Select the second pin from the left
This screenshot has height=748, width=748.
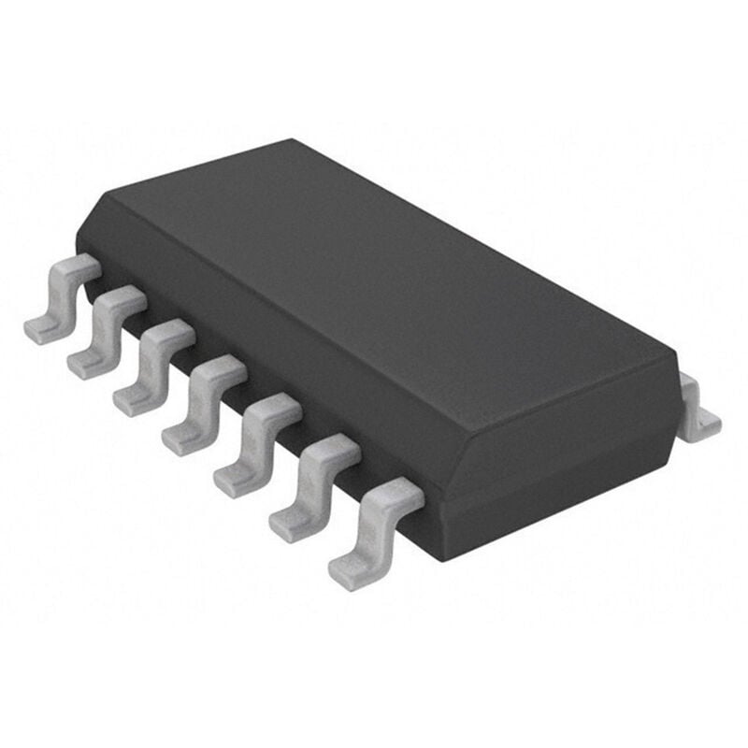point(106,332)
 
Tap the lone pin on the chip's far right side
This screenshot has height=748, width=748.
point(698,407)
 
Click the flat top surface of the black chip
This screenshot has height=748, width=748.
point(374,280)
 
